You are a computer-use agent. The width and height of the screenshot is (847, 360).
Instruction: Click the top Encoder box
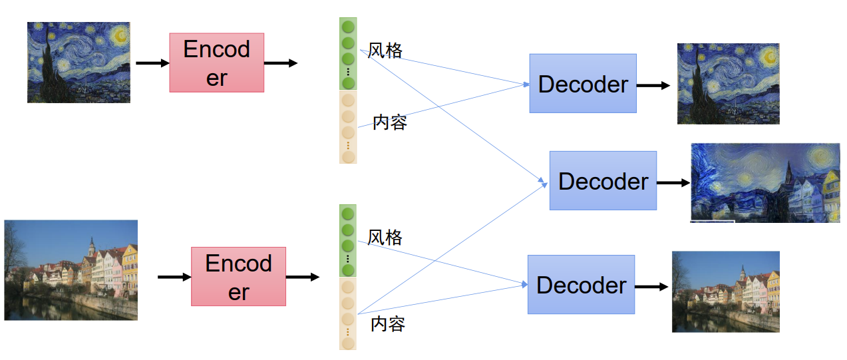click(217, 63)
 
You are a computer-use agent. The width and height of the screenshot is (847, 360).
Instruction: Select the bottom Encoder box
click(239, 276)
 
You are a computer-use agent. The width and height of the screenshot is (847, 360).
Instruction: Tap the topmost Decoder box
click(583, 83)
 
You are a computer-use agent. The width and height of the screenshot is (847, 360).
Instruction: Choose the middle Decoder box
click(603, 181)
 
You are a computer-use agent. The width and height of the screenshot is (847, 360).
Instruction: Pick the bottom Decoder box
click(581, 284)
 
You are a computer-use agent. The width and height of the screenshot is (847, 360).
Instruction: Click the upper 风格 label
click(385, 51)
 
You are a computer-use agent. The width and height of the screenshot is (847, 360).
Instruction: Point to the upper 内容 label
click(389, 122)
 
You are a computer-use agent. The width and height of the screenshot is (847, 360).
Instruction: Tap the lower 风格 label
click(385, 238)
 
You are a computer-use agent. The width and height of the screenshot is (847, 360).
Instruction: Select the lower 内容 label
click(388, 324)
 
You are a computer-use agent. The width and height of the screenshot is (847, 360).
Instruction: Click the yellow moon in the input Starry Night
click(120, 35)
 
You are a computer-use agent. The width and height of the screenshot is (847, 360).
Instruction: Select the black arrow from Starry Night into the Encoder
click(152, 63)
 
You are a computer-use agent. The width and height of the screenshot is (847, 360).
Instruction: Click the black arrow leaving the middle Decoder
click(673, 183)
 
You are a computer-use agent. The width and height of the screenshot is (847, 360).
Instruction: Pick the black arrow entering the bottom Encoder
click(174, 277)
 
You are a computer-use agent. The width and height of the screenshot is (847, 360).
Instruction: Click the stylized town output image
click(765, 182)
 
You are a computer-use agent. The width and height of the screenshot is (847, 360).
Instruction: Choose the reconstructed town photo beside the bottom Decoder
click(726, 291)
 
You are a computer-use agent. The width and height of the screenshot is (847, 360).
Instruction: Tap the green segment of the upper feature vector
click(348, 53)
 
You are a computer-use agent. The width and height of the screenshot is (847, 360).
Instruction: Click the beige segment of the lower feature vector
click(348, 313)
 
